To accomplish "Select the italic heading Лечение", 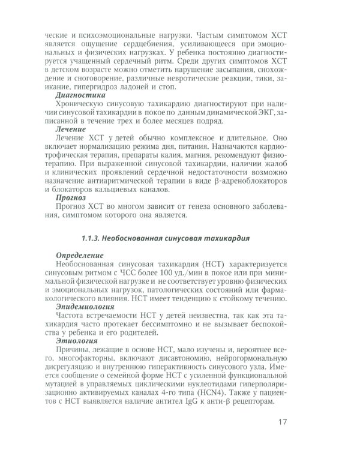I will coord(71,129).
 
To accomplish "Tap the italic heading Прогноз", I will coord(71,197).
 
